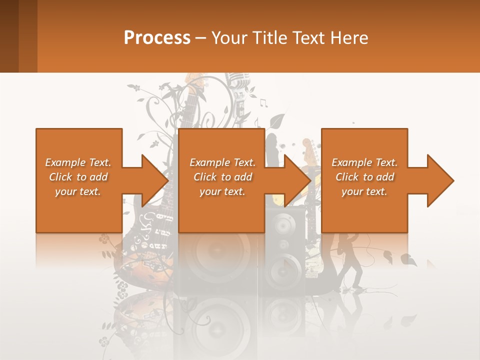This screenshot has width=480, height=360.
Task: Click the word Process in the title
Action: click(x=157, y=37)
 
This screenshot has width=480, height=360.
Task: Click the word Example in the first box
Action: click(x=65, y=162)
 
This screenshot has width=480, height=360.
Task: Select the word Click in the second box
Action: click(x=204, y=177)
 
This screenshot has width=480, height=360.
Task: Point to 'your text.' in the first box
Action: click(x=78, y=191)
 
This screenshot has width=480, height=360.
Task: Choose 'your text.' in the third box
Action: click(x=364, y=191)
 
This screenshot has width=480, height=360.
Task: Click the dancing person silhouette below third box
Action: click(x=352, y=260)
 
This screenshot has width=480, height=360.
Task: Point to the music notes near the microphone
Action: click(x=263, y=103)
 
